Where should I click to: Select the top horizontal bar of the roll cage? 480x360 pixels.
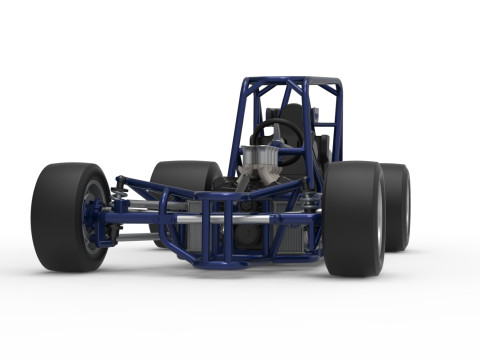click(290, 81)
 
